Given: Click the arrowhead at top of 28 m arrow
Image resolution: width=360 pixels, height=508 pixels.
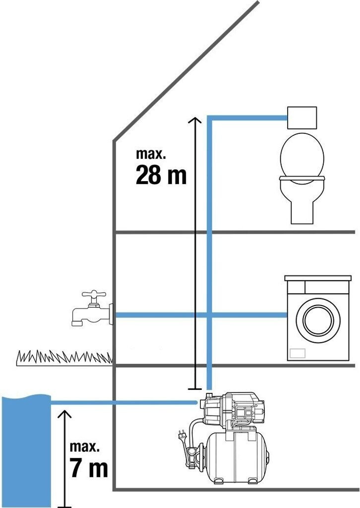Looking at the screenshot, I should click(x=196, y=121).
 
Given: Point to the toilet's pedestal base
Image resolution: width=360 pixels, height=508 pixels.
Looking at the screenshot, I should click(x=301, y=211).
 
